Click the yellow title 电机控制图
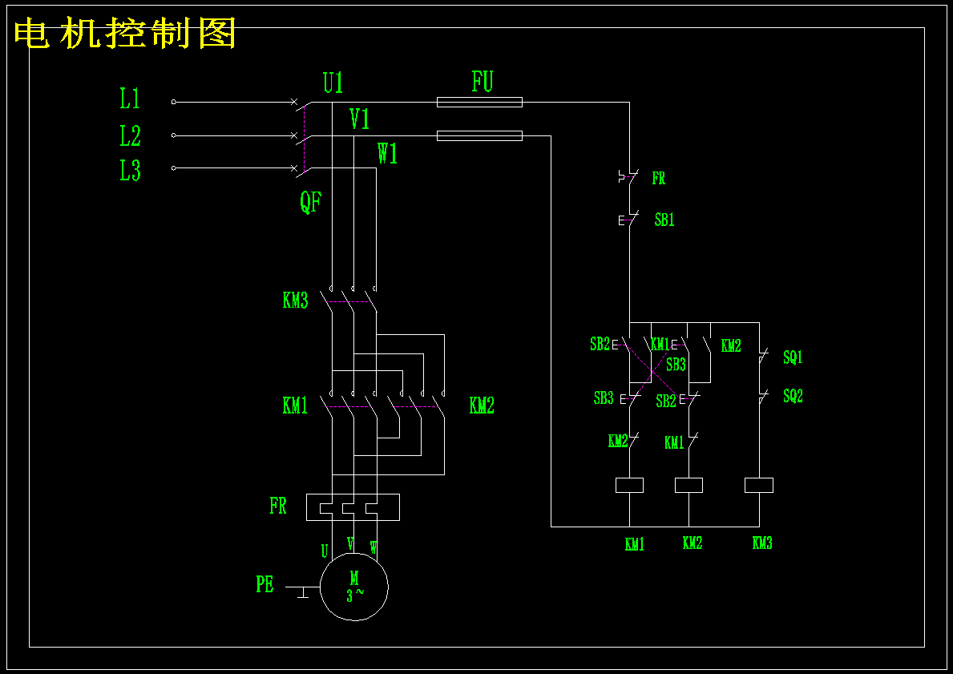[x=125, y=34]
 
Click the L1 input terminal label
[x=130, y=99]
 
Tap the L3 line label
[x=130, y=170]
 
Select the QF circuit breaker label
[x=310, y=203]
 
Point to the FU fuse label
[x=482, y=82]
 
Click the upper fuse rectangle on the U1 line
[x=479, y=102]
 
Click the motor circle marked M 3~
[x=354, y=587]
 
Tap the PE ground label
[x=265, y=584]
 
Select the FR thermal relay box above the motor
[x=353, y=507]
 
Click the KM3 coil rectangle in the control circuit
[x=759, y=485]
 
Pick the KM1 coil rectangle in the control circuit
[x=629, y=485]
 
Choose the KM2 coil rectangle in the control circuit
[x=689, y=485]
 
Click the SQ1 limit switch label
[x=793, y=357]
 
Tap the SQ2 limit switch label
[x=793, y=396]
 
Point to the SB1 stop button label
[x=664, y=220]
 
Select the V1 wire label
[x=359, y=119]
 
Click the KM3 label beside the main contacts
[x=296, y=301]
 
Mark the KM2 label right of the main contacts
[x=482, y=406]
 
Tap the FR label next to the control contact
[x=659, y=178]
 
